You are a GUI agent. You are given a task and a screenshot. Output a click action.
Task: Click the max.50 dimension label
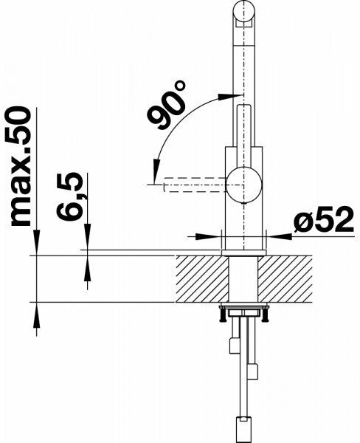[x=21, y=166]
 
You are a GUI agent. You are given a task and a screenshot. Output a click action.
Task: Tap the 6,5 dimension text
[x=69, y=196]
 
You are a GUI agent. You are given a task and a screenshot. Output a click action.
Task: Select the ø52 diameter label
[x=324, y=219]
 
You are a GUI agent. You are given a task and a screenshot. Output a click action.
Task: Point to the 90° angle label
[x=167, y=106]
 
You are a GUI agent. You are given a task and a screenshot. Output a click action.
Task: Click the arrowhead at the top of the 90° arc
[x=227, y=97]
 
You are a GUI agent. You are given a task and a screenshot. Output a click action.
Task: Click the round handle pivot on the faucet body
[x=244, y=185]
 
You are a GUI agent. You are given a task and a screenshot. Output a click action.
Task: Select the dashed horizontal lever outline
[x=195, y=185]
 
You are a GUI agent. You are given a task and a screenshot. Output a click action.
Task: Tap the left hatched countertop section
[x=202, y=279]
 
